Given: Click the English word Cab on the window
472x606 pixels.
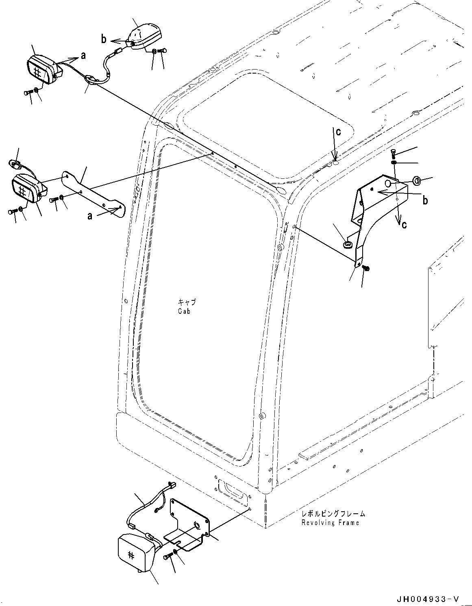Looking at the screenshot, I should click(184, 311).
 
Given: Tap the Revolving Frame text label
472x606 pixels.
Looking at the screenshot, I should click(330, 523).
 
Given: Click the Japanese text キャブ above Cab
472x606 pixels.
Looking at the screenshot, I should click(187, 302).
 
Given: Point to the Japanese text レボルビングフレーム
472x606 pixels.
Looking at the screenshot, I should click(333, 514).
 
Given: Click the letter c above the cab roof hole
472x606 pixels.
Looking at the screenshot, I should click(338, 131).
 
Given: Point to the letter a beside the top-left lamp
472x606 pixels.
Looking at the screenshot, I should click(83, 56).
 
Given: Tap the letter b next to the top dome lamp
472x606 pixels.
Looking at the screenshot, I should click(104, 39).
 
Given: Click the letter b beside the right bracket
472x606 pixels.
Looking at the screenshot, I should click(425, 200).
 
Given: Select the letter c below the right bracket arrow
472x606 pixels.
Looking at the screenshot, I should click(404, 224).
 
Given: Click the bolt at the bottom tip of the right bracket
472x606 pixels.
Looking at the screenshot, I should click(365, 268).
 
